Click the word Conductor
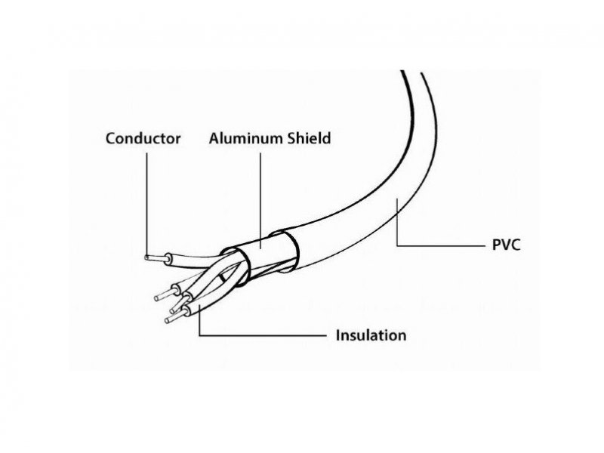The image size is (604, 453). pyautogui.click(x=143, y=139)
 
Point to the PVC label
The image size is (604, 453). pyautogui.click(x=506, y=245)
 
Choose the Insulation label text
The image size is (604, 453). pyautogui.click(x=371, y=335)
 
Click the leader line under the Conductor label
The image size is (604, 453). pyautogui.click(x=146, y=203)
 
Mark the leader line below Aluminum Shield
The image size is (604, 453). pyautogui.click(x=260, y=201)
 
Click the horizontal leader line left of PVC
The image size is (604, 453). pyautogui.click(x=441, y=245)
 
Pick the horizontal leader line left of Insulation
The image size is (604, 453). pyautogui.click(x=263, y=335)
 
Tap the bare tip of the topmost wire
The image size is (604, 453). pyautogui.click(x=155, y=257)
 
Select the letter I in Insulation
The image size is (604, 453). pyautogui.click(x=337, y=335)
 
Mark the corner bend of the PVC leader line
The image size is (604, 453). pyautogui.click(x=397, y=245)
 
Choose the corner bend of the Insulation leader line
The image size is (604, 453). pyautogui.click(x=199, y=335)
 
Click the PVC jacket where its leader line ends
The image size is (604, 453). pyautogui.click(x=397, y=201)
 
